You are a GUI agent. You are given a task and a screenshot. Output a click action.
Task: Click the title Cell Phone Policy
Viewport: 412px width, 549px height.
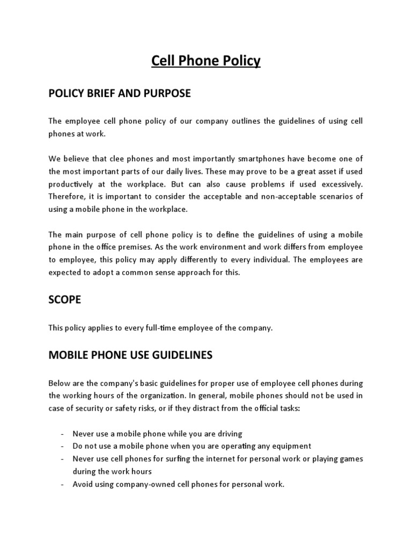(x=206, y=61)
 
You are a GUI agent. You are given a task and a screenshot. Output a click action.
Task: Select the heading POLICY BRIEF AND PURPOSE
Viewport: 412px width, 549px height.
(x=119, y=93)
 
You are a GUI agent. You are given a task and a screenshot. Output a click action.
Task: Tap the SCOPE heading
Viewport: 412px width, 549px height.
(x=65, y=300)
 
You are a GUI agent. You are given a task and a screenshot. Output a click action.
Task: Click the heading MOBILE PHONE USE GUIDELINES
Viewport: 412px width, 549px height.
(x=130, y=355)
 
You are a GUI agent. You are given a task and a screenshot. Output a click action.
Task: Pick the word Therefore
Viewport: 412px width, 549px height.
(x=66, y=197)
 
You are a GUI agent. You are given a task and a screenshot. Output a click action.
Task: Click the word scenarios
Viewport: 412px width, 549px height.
(x=345, y=197)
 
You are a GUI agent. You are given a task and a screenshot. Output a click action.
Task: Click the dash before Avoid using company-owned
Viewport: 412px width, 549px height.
(x=63, y=485)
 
